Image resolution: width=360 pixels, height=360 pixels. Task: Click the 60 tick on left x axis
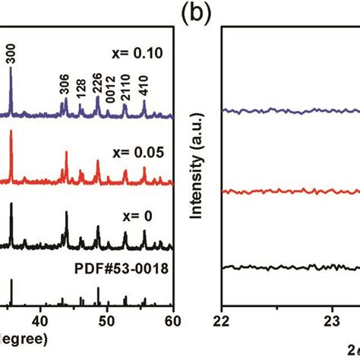click(174, 320)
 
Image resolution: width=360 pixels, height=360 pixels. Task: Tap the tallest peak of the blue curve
click(11, 69)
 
